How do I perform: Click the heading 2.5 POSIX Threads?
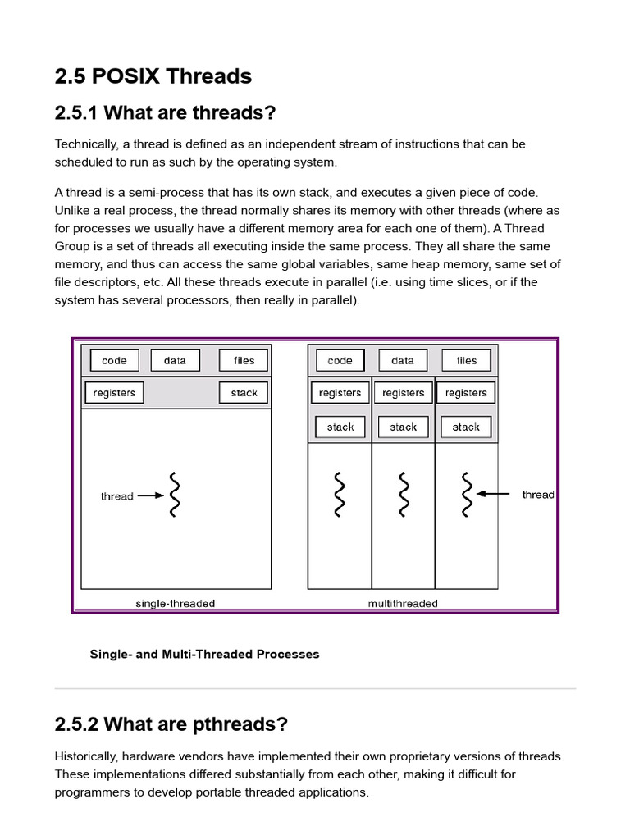click(x=153, y=76)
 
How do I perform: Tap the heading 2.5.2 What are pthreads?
click(x=171, y=724)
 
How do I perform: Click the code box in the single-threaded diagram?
click(x=114, y=360)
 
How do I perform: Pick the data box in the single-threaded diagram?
click(x=175, y=360)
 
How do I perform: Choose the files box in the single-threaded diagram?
click(x=244, y=360)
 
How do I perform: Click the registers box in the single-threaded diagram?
click(x=114, y=393)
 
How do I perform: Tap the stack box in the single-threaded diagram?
click(x=244, y=393)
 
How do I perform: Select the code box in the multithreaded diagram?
click(x=340, y=360)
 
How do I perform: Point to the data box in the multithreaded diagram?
click(x=403, y=360)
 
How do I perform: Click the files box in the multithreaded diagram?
click(x=466, y=360)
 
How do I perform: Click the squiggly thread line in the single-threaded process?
click(x=174, y=495)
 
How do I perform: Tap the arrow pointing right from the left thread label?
click(x=151, y=495)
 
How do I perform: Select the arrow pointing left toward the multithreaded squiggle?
click(x=494, y=494)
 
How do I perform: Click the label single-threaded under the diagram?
click(x=175, y=604)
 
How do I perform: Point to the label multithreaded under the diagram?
click(x=403, y=604)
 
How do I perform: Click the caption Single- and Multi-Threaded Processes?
click(x=204, y=654)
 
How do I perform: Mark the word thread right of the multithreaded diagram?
click(x=538, y=495)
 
